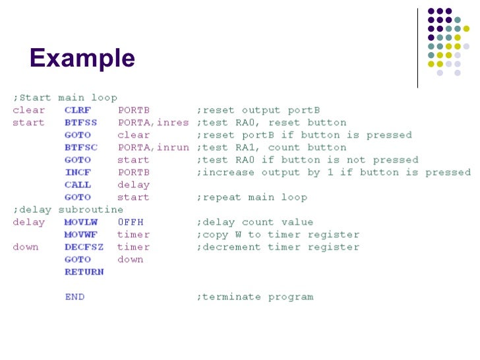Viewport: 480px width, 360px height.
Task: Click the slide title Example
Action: pyautogui.click(x=82, y=59)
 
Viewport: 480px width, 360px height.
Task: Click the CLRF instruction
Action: pyautogui.click(x=78, y=110)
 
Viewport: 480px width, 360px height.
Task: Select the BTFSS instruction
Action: pyautogui.click(x=81, y=123)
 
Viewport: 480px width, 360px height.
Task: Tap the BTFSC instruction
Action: pyautogui.click(x=81, y=148)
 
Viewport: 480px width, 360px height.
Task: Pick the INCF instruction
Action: pyautogui.click(x=78, y=172)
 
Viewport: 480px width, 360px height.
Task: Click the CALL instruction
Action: pyautogui.click(x=78, y=185)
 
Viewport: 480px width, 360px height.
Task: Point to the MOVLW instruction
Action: pyautogui.click(x=81, y=222)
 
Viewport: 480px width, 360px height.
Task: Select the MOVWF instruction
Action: pyautogui.click(x=81, y=235)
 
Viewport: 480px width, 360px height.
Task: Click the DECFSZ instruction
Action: pyautogui.click(x=84, y=247)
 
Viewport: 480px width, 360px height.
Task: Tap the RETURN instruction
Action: pyautogui.click(x=84, y=272)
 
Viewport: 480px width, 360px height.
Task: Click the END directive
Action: pyautogui.click(x=75, y=297)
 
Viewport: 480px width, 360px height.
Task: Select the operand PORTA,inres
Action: pyautogui.click(x=153, y=123)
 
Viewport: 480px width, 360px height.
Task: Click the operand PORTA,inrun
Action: pyautogui.click(x=153, y=148)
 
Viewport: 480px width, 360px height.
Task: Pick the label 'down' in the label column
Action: pyautogui.click(x=26, y=247)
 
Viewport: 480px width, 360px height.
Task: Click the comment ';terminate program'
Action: pyautogui.click(x=255, y=297)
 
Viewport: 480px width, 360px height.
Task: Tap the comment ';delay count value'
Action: pyautogui.click(x=255, y=222)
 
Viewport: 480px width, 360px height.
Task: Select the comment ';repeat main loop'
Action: pyautogui.click(x=251, y=197)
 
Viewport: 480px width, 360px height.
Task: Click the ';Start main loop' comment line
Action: pyautogui.click(x=65, y=98)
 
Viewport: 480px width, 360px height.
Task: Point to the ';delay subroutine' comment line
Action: pyautogui.click(x=68, y=210)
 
